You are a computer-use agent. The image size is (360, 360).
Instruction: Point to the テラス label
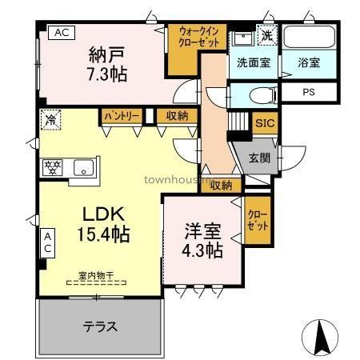pyautogui.click(x=101, y=326)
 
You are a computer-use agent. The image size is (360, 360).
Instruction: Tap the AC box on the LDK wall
pyautogui.click(x=47, y=242)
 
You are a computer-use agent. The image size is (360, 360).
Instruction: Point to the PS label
pyautogui.click(x=308, y=92)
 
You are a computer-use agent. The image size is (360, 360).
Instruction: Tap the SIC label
pyautogui.click(x=263, y=123)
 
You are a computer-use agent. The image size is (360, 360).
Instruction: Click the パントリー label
pyautogui.click(x=121, y=116)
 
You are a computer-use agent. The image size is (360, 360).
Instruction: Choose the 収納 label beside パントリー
pyautogui.click(x=177, y=116)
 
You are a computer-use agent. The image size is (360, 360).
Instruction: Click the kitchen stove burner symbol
pyautogui.click(x=54, y=167)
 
